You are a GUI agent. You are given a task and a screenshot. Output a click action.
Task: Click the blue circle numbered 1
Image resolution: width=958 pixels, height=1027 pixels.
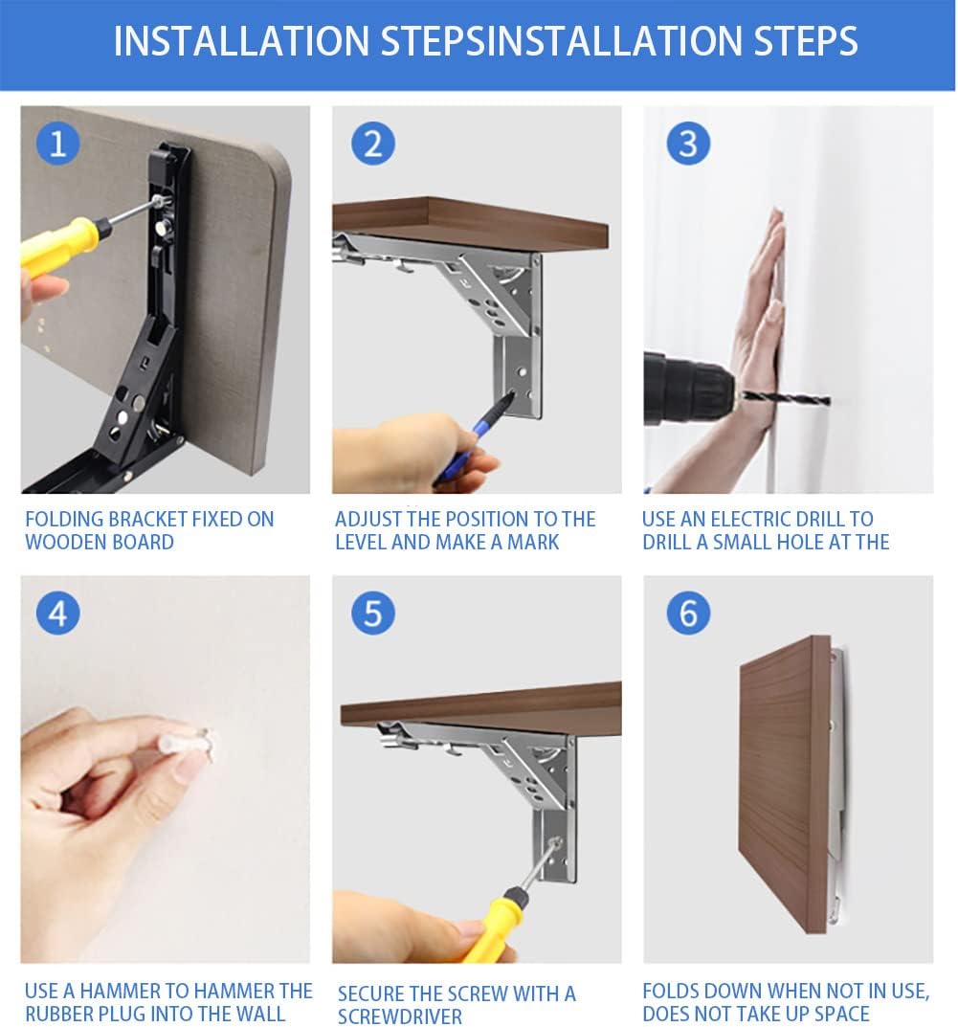click(x=57, y=144)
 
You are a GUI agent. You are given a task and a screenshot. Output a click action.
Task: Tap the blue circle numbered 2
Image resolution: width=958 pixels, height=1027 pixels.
click(x=372, y=144)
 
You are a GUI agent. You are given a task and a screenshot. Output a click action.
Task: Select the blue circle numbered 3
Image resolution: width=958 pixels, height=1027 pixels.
click(x=688, y=144)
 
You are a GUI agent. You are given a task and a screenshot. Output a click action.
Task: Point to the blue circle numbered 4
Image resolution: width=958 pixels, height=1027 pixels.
click(x=57, y=614)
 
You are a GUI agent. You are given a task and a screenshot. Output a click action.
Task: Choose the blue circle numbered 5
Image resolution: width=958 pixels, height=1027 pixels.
click(x=372, y=614)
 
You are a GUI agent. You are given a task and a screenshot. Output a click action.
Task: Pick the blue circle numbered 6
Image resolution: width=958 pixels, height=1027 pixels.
click(x=688, y=614)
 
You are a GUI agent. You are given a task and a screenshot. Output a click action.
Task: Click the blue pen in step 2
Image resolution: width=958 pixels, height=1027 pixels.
click(x=472, y=437)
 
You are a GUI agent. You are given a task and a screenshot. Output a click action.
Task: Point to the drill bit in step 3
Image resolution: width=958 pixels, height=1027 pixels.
click(x=785, y=397)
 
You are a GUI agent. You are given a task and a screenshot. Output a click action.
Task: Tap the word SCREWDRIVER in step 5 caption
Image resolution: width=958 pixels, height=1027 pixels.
click(x=400, y=1016)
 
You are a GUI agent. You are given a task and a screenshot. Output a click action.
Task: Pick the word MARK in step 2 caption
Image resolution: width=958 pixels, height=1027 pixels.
click(x=533, y=542)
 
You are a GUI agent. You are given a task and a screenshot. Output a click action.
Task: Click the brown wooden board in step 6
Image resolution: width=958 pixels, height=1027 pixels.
click(x=786, y=783)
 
